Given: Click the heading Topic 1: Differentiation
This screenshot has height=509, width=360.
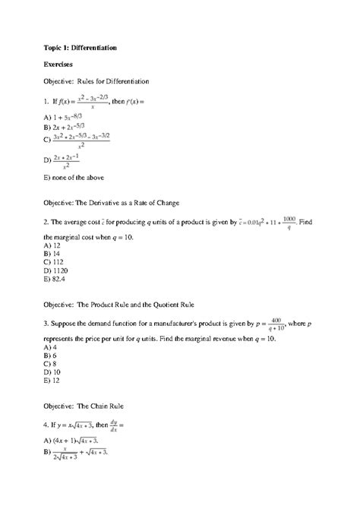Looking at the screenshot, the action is (x=81, y=48).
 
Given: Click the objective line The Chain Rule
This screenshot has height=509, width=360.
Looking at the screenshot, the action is (x=86, y=406).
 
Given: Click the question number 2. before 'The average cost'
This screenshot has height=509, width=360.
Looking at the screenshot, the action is (x=48, y=223).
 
